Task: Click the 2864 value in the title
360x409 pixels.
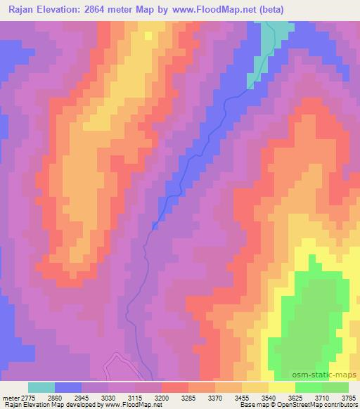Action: click(x=105, y=9)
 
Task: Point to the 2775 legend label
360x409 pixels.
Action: click(x=27, y=397)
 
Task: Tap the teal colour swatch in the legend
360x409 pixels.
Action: click(x=41, y=387)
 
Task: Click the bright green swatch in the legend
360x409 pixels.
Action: click(x=309, y=387)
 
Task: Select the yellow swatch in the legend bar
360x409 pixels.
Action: click(x=282, y=387)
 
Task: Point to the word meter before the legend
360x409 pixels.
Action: click(x=9, y=397)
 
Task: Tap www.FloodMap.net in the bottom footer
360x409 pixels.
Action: click(x=133, y=405)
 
